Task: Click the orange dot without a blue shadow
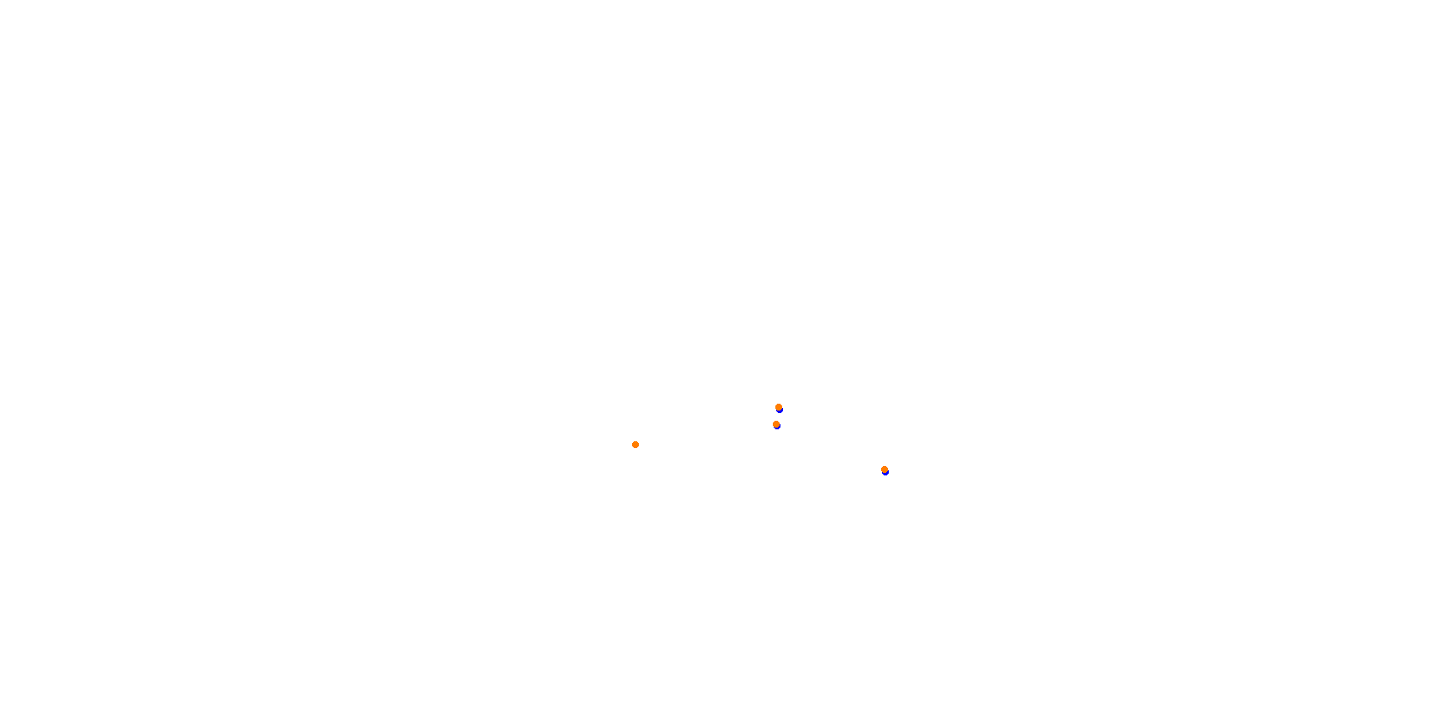pyautogui.click(x=635, y=445)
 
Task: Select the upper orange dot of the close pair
pyautogui.click(x=779, y=407)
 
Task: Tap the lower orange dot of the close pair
pyautogui.click(x=776, y=424)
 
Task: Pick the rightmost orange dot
pyautogui.click(x=885, y=469)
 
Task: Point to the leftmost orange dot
pyautogui.click(x=635, y=445)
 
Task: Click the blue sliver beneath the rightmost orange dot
pyautogui.click(x=885, y=473)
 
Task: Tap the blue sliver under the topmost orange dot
pyautogui.click(x=780, y=411)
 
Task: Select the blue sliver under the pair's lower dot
pyautogui.click(x=777, y=427)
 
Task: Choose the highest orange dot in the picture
pyautogui.click(x=779, y=407)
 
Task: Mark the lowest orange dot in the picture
pyautogui.click(x=885, y=469)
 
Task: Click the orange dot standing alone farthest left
pyautogui.click(x=635, y=445)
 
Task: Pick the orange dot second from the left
pyautogui.click(x=776, y=424)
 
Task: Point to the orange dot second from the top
pyautogui.click(x=776, y=424)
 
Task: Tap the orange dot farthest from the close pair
pyautogui.click(x=635, y=445)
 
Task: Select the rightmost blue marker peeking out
pyautogui.click(x=885, y=473)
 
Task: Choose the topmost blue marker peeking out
pyautogui.click(x=780, y=411)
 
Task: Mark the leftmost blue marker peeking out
pyautogui.click(x=777, y=427)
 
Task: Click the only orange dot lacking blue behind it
pyautogui.click(x=635, y=445)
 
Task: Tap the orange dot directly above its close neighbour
pyautogui.click(x=779, y=407)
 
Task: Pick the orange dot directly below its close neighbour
pyautogui.click(x=776, y=424)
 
